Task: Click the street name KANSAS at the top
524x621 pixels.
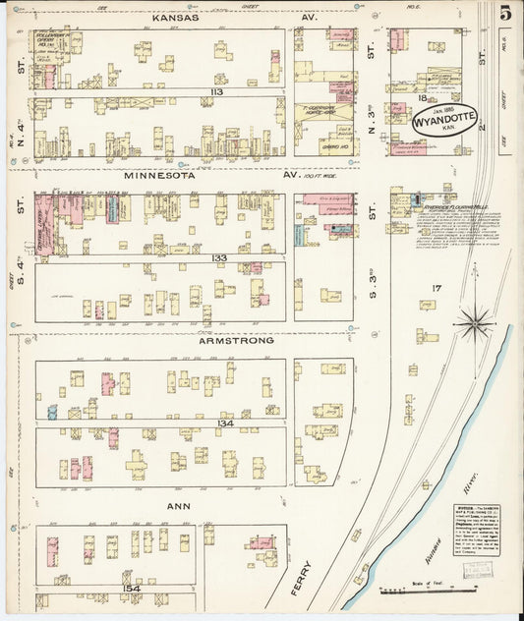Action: point(176,18)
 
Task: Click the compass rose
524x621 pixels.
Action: point(474,319)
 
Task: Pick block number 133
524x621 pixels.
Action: point(218,256)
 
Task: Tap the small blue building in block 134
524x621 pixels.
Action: point(52,413)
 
